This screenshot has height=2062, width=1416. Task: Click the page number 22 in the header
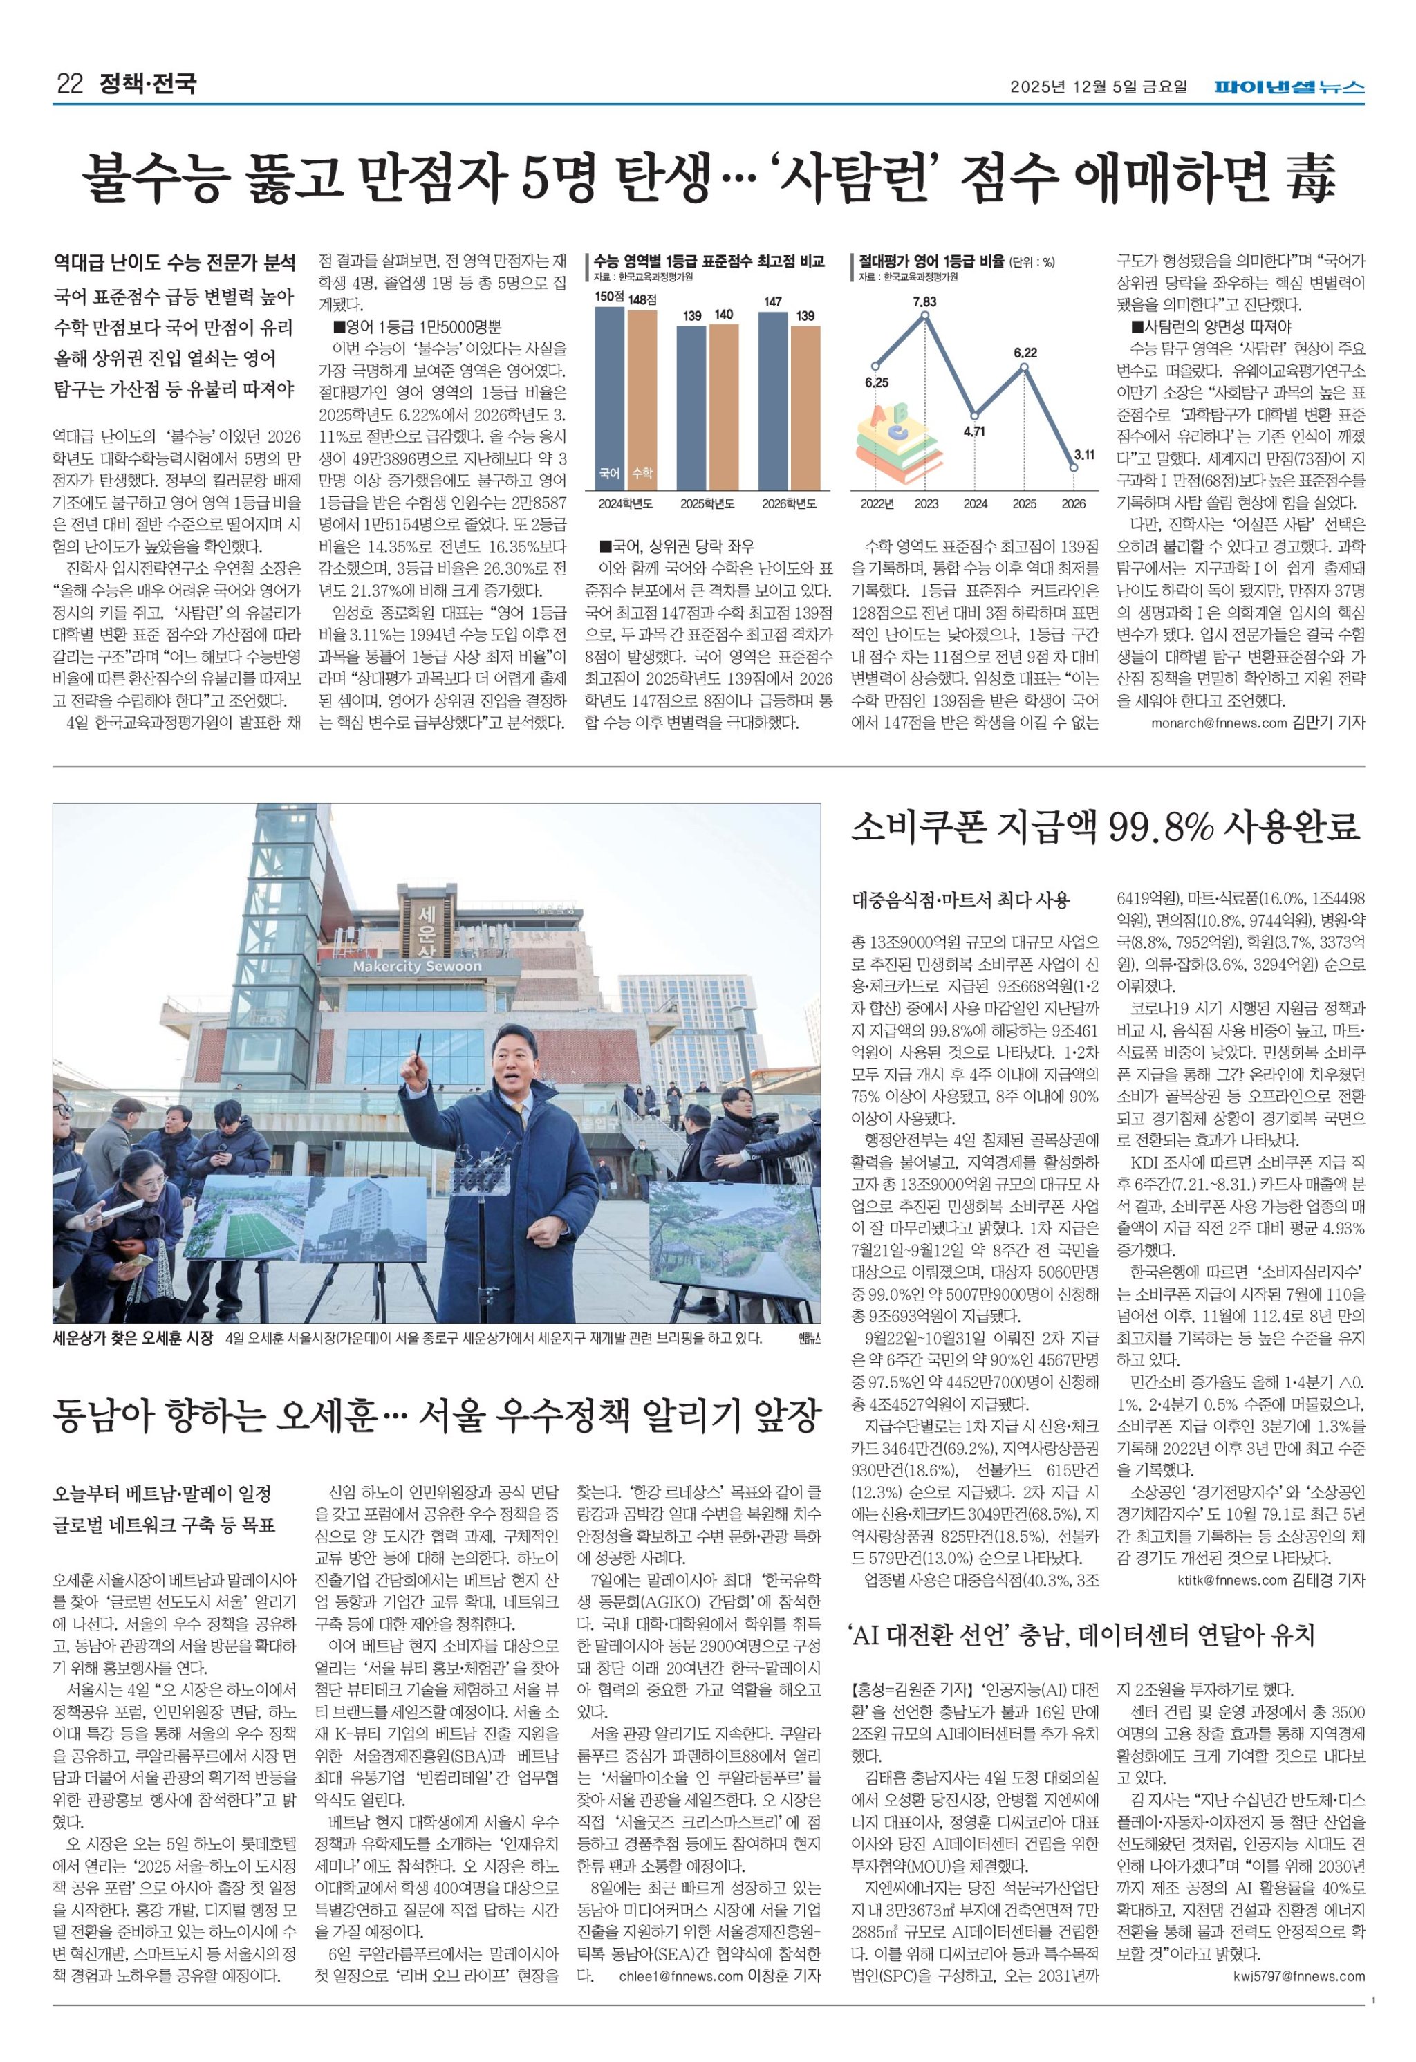pos(69,84)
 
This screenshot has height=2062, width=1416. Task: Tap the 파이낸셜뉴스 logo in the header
pos(1289,87)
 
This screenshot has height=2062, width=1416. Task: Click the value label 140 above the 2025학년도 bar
pos(723,315)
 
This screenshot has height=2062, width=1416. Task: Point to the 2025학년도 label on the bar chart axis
pos(707,504)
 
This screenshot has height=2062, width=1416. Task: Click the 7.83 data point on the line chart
pos(925,316)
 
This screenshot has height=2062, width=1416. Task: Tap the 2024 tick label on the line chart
pos(975,504)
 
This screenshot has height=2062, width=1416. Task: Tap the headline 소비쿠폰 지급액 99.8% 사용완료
pos(1106,828)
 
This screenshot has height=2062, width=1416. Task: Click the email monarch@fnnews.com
pos(1218,723)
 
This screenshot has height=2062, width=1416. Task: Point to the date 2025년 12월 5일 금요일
pos(1097,87)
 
